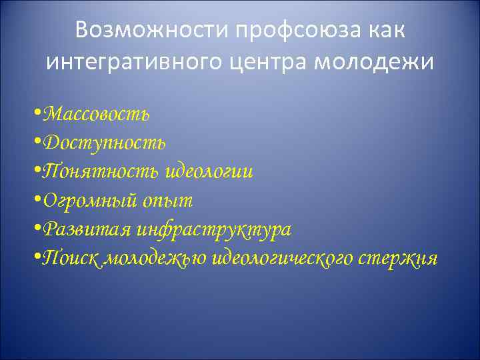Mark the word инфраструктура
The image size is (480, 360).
click(x=214, y=230)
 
